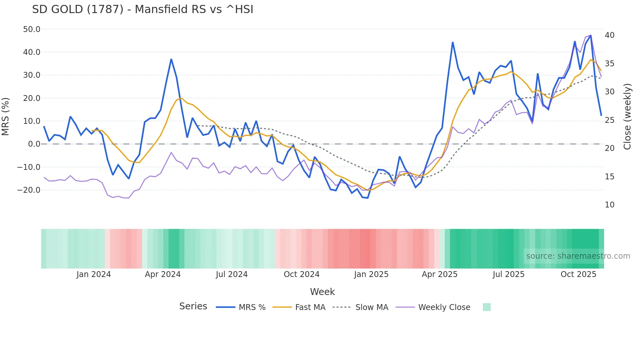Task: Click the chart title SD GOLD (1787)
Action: coord(142,9)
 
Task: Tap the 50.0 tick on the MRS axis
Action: coord(32,29)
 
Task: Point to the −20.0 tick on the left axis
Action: coord(29,190)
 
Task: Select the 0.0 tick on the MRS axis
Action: coord(34,144)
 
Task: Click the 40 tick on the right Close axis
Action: coord(609,35)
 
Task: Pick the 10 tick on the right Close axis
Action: coord(609,205)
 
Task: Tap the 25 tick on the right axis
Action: coord(609,120)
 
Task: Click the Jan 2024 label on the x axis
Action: coord(94,274)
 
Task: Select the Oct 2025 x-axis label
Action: coord(578,274)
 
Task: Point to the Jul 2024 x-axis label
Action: coord(232,274)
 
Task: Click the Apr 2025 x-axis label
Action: coord(440,274)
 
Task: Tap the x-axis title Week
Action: coord(322,292)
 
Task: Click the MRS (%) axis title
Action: coord(5,117)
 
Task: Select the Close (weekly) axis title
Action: coord(627,117)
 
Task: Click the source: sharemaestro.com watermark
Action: coord(578,256)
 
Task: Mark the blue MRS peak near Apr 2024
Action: coord(171,59)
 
